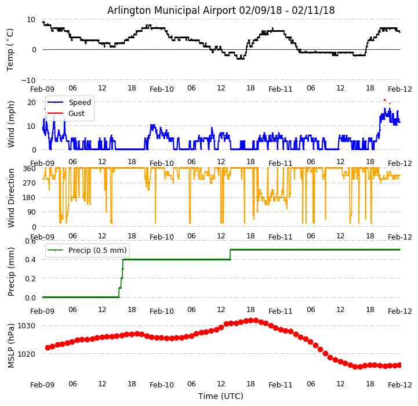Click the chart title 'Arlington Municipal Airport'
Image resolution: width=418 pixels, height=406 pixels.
pos(221,10)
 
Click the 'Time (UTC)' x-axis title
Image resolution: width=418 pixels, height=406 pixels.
pos(221,396)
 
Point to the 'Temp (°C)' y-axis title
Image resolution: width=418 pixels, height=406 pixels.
pos(10,49)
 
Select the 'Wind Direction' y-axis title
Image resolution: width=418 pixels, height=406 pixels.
pos(10,198)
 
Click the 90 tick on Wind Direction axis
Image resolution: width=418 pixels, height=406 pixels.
pos(31,212)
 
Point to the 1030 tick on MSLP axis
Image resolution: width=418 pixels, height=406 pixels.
pos(27,325)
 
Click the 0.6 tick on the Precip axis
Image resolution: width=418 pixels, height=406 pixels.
pos(29,241)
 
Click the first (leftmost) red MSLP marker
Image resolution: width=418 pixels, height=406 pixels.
pos(48,347)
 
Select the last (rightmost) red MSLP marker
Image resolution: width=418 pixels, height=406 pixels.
pos(399,365)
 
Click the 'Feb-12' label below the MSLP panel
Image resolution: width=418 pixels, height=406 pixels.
pos(400,385)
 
